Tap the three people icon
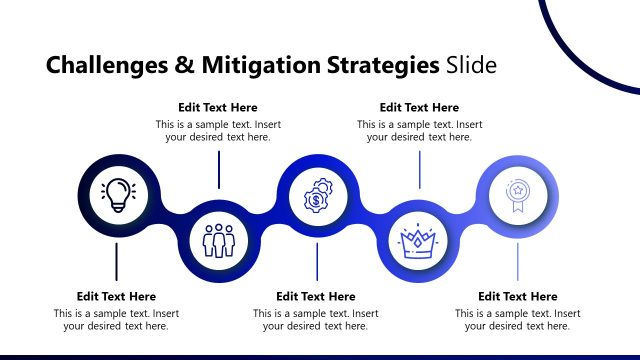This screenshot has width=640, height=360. click(x=218, y=240)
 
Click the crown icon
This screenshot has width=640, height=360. click(x=418, y=240)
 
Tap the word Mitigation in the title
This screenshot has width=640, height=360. click(x=259, y=67)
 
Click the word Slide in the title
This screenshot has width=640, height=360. click(x=470, y=67)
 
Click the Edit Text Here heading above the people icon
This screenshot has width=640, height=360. click(x=218, y=107)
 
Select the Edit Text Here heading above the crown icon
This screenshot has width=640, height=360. click(x=420, y=107)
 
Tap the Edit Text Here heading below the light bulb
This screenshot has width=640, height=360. click(x=116, y=296)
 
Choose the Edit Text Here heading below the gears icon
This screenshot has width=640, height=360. click(x=316, y=296)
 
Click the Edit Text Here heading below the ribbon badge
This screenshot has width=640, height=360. click(x=518, y=296)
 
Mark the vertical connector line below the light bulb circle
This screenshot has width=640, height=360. click(x=117, y=260)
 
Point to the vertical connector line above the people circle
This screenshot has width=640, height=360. click(x=218, y=170)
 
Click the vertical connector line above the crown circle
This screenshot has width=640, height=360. click(x=419, y=170)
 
